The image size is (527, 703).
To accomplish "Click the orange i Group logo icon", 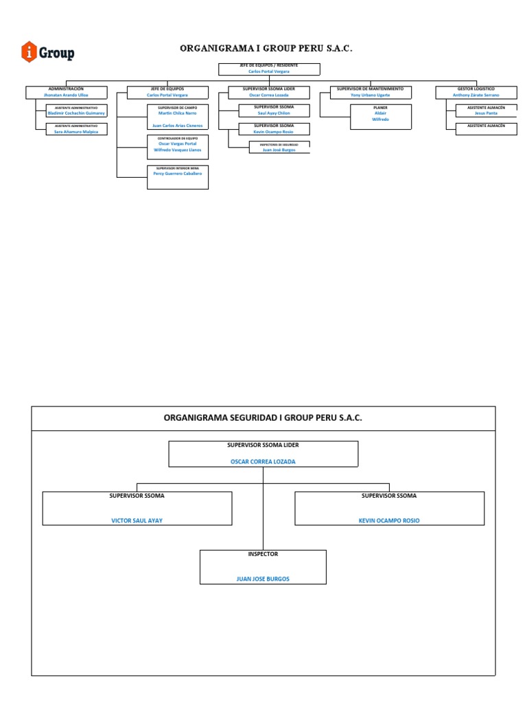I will tap(30, 51).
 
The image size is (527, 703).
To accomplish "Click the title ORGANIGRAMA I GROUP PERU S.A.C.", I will tap(266, 49).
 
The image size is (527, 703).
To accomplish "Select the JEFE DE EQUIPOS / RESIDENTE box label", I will tap(268, 65).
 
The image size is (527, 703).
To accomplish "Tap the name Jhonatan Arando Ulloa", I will tap(66, 95).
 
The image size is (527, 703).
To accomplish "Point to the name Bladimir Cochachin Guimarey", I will tap(76, 113).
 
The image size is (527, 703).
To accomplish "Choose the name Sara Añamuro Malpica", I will tap(76, 132).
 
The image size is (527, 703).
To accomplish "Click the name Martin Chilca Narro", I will tap(177, 113).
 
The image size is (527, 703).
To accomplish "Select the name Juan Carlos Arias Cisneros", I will tap(177, 126).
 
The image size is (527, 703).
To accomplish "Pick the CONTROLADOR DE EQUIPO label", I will tap(177, 138).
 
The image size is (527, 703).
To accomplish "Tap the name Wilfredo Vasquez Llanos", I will tap(177, 149).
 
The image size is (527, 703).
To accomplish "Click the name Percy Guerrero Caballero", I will tap(177, 174).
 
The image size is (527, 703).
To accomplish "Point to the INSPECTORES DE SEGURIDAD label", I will tap(279, 144).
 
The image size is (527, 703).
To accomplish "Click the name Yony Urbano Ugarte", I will tap(370, 95).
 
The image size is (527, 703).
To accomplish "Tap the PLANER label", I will tap(380, 108).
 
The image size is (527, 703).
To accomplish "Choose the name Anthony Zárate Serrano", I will tap(476, 95).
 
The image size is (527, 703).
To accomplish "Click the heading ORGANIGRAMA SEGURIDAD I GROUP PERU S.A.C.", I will tap(263, 417).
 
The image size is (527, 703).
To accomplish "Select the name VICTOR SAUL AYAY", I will tap(137, 520).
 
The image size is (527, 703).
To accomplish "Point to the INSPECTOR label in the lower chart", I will tap(263, 554).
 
